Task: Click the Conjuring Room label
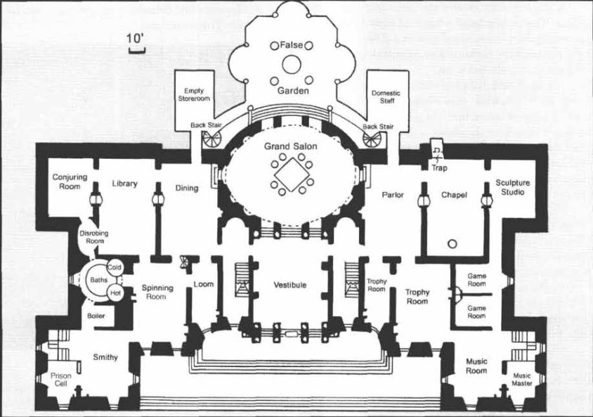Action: (x=70, y=181)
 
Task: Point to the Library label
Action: (x=124, y=184)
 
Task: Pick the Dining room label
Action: (x=187, y=188)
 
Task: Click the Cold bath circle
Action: (x=115, y=267)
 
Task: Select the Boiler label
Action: (x=96, y=316)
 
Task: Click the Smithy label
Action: (x=105, y=357)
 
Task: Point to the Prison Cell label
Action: (x=61, y=380)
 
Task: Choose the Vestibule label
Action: (x=289, y=285)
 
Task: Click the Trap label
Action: (x=438, y=168)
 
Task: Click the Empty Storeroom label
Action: (x=194, y=94)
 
